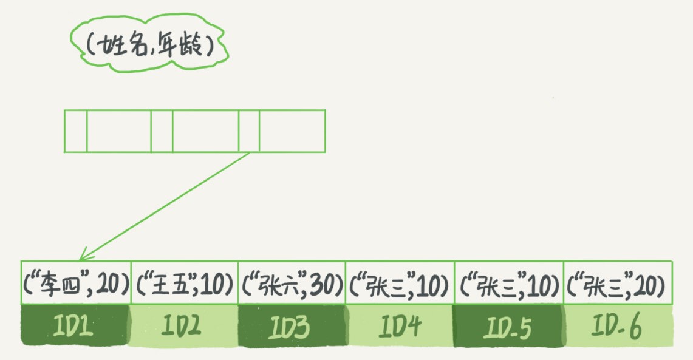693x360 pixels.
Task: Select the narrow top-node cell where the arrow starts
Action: [x=249, y=131]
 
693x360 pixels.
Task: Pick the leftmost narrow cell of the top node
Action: [x=75, y=131]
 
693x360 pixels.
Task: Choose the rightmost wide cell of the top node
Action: [x=292, y=131]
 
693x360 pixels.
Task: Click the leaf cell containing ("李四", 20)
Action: [x=75, y=282]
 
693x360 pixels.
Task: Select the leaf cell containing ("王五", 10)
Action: [x=183, y=282]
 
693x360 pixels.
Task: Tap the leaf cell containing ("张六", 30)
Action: [x=292, y=282]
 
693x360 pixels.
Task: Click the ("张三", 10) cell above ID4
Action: [x=400, y=282]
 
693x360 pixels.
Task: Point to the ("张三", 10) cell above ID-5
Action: [x=508, y=282]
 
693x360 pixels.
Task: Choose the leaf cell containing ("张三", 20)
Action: [x=618, y=282]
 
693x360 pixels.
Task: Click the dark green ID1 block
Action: [x=75, y=325]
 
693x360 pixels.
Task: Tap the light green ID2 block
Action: [x=183, y=325]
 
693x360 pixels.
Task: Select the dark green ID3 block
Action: [x=292, y=325]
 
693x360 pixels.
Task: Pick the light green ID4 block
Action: [x=400, y=325]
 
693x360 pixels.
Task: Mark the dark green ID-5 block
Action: [x=508, y=325]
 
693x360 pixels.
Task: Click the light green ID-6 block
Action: [x=618, y=325]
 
